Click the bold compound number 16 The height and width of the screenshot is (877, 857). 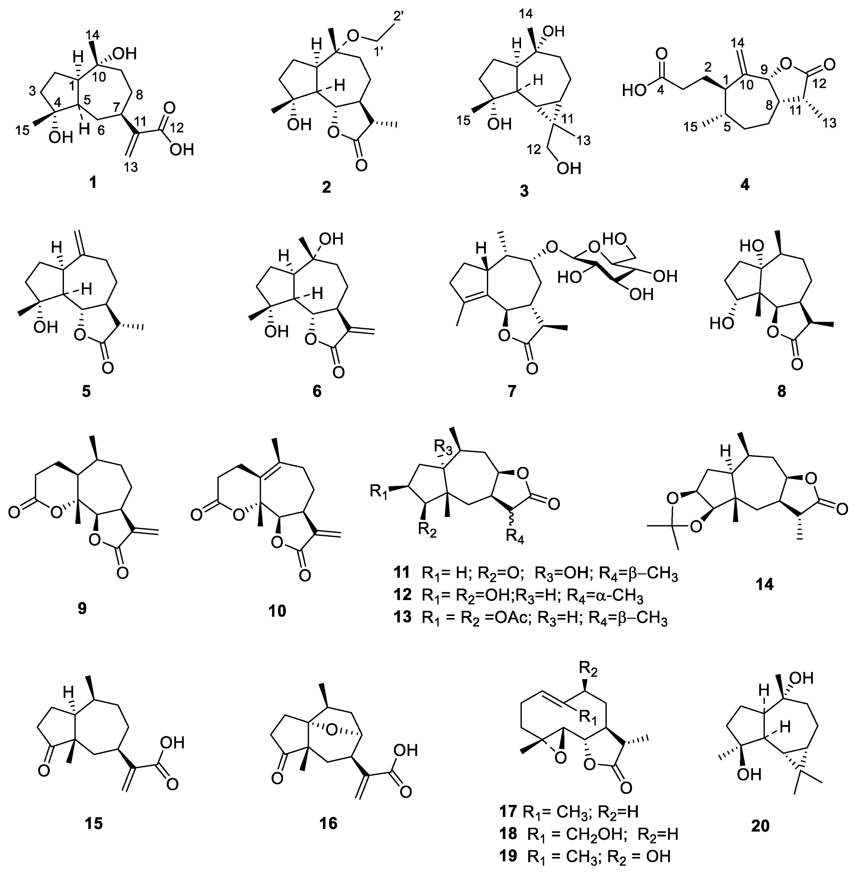pyautogui.click(x=327, y=823)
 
